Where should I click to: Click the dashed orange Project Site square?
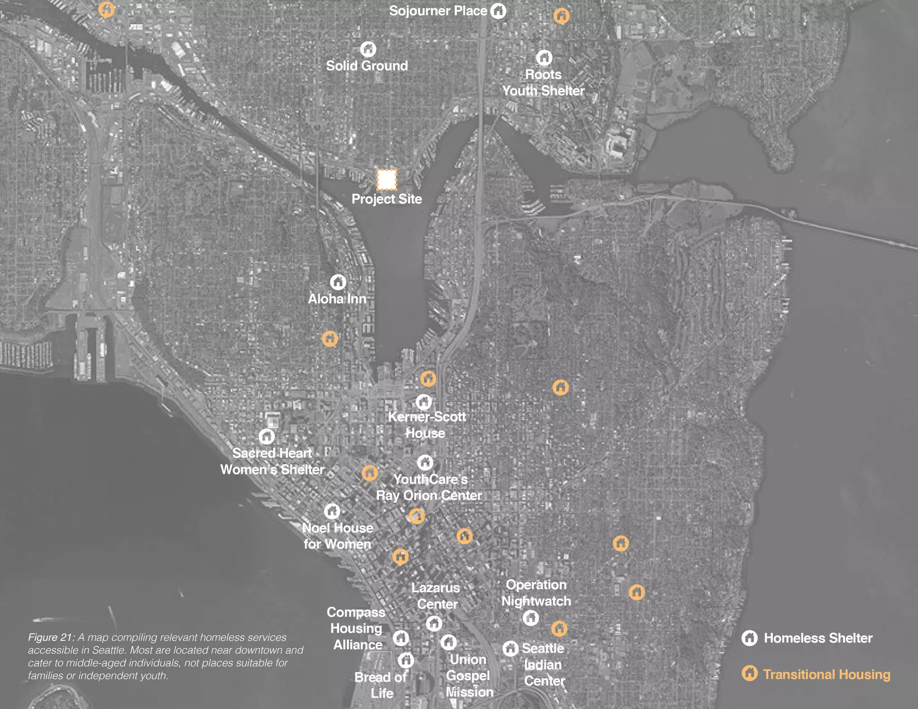click(386, 179)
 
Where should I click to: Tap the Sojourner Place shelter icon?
click(498, 11)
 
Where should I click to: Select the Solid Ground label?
click(367, 66)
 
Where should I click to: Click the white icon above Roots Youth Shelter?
click(544, 57)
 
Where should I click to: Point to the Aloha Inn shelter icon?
click(338, 282)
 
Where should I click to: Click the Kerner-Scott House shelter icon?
click(424, 402)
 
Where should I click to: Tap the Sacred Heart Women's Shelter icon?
click(267, 436)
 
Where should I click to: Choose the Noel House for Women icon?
click(332, 511)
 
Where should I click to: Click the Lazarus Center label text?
click(436, 596)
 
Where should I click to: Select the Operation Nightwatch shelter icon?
click(531, 618)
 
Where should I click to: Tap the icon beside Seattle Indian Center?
click(510, 648)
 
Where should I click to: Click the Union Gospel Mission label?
click(468, 675)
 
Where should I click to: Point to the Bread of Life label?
click(381, 685)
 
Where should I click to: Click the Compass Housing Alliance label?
click(356, 628)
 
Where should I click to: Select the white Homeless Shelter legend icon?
click(749, 638)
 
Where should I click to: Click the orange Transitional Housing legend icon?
click(749, 673)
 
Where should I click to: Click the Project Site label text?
click(386, 199)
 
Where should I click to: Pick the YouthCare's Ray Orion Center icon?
click(425, 462)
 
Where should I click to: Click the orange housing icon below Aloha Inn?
click(330, 338)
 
